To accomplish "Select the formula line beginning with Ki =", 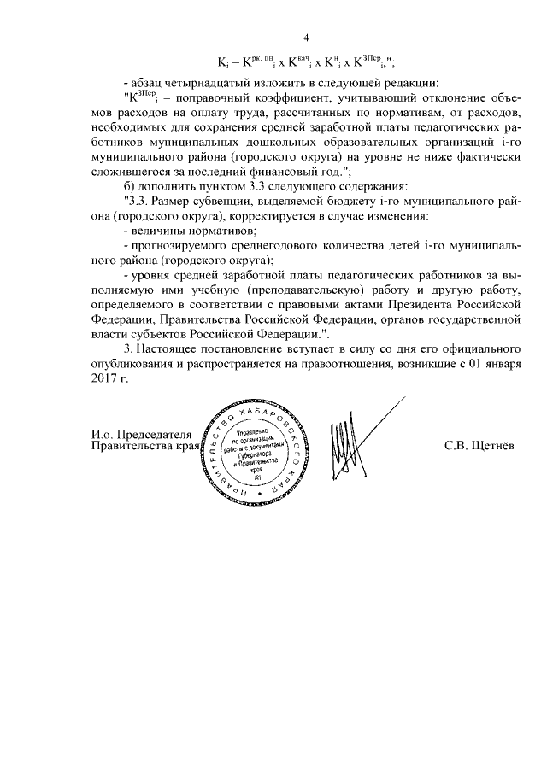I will coord(309,62).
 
